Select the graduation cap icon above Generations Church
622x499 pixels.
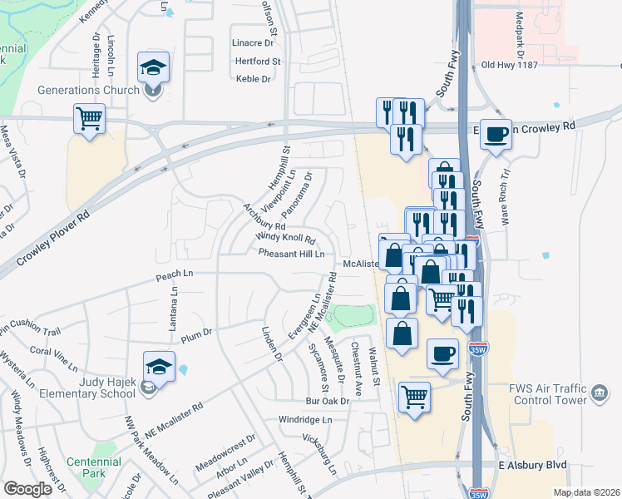pos(153,67)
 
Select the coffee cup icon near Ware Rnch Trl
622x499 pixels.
pos(496,134)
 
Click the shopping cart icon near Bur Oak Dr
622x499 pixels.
pos(413,396)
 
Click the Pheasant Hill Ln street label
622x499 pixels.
pos(291,254)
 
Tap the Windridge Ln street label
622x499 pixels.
pos(305,420)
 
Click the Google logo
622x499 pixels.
pos(27,489)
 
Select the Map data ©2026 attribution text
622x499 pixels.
pos(587,492)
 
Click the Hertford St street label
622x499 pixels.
pos(258,61)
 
